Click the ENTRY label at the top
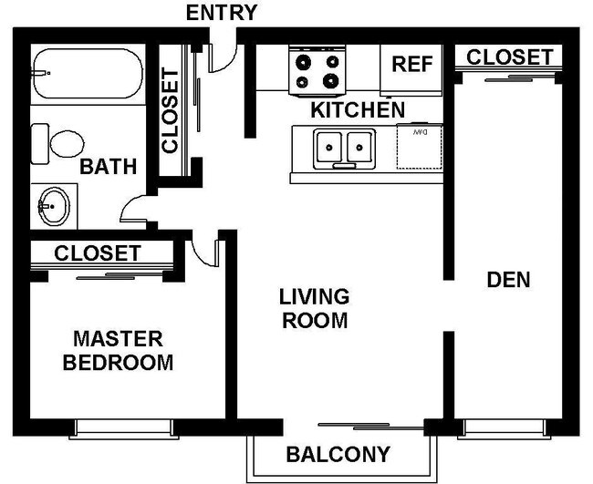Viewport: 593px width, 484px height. click(221, 13)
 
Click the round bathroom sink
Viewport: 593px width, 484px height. click(53, 207)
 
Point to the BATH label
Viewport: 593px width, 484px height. click(108, 168)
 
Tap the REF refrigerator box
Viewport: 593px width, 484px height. click(411, 66)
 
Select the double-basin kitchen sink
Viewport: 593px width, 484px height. click(344, 147)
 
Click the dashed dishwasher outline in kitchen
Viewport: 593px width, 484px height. click(420, 148)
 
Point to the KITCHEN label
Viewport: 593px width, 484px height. click(358, 110)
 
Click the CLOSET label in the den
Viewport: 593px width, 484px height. click(509, 57)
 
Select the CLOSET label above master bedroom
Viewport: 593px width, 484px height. click(98, 253)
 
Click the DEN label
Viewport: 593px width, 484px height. click(508, 280)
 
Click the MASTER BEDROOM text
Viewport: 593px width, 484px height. click(117, 351)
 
